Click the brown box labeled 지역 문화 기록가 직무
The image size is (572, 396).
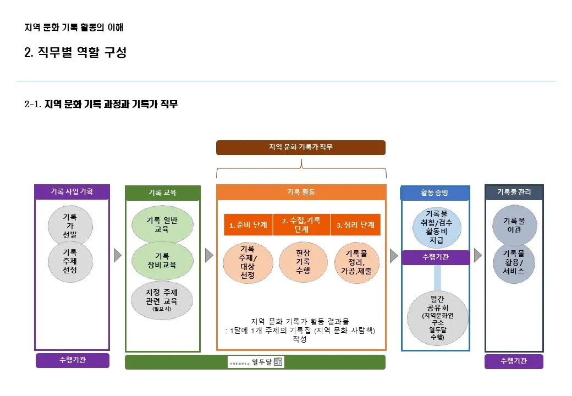[300, 147]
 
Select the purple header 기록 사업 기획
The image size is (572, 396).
[72, 191]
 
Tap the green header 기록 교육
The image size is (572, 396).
[162, 193]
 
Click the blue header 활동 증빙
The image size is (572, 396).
[435, 193]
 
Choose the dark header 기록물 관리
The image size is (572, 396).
[514, 192]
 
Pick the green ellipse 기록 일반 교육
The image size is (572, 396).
[162, 224]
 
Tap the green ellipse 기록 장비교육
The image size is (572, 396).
[162, 260]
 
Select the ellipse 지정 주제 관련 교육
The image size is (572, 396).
[162, 300]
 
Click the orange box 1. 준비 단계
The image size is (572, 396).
[248, 225]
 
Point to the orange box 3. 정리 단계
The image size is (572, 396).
[355, 225]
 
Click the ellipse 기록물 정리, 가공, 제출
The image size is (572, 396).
[356, 262]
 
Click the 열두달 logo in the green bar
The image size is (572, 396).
[256, 362]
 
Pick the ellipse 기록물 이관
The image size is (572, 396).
[514, 225]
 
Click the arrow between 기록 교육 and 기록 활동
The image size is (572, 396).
[208, 255]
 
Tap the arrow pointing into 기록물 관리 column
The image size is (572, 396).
[477, 255]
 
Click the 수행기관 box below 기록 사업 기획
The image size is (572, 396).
[72, 361]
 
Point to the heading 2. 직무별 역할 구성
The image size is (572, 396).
[75, 53]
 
